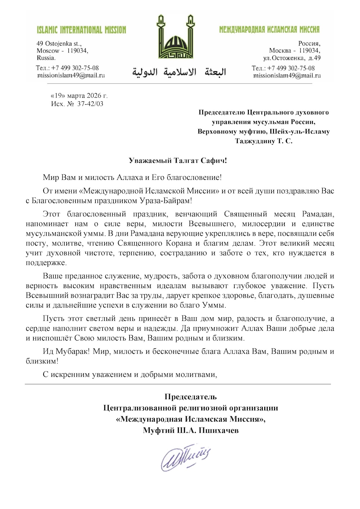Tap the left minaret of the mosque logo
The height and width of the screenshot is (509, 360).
click(x=161, y=31)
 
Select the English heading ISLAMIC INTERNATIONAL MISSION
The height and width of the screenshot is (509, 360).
click(x=81, y=30)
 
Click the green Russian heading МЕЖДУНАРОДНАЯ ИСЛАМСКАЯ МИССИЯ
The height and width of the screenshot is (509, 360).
click(x=269, y=29)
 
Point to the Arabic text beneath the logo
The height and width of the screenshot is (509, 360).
click(x=179, y=72)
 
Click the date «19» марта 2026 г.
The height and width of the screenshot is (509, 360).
click(x=79, y=96)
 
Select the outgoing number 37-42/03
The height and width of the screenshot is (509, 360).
click(x=90, y=104)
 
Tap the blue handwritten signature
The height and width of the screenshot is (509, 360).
click(x=185, y=457)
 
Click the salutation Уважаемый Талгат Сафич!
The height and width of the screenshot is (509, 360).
click(x=178, y=160)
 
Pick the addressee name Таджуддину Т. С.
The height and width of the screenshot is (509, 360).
click(x=264, y=141)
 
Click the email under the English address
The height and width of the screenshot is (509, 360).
click(x=71, y=76)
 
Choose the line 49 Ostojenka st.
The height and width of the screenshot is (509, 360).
click(x=59, y=44)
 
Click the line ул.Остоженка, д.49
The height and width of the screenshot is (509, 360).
click(x=292, y=58)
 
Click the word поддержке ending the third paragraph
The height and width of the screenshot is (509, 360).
click(x=46, y=263)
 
